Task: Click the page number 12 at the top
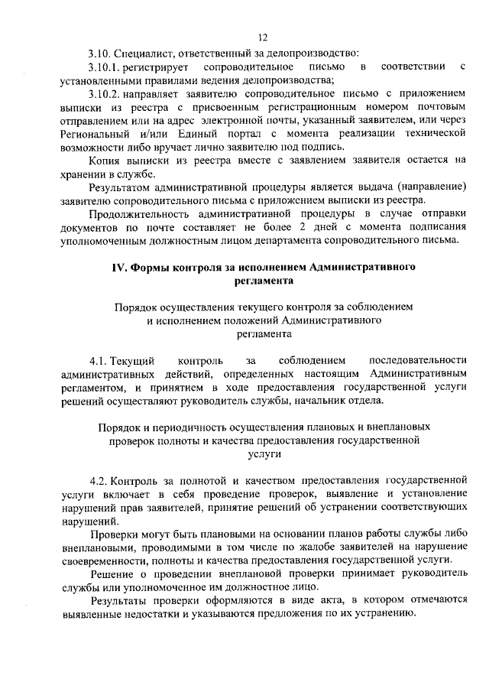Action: tap(263, 37)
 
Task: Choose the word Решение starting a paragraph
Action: tap(112, 573)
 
